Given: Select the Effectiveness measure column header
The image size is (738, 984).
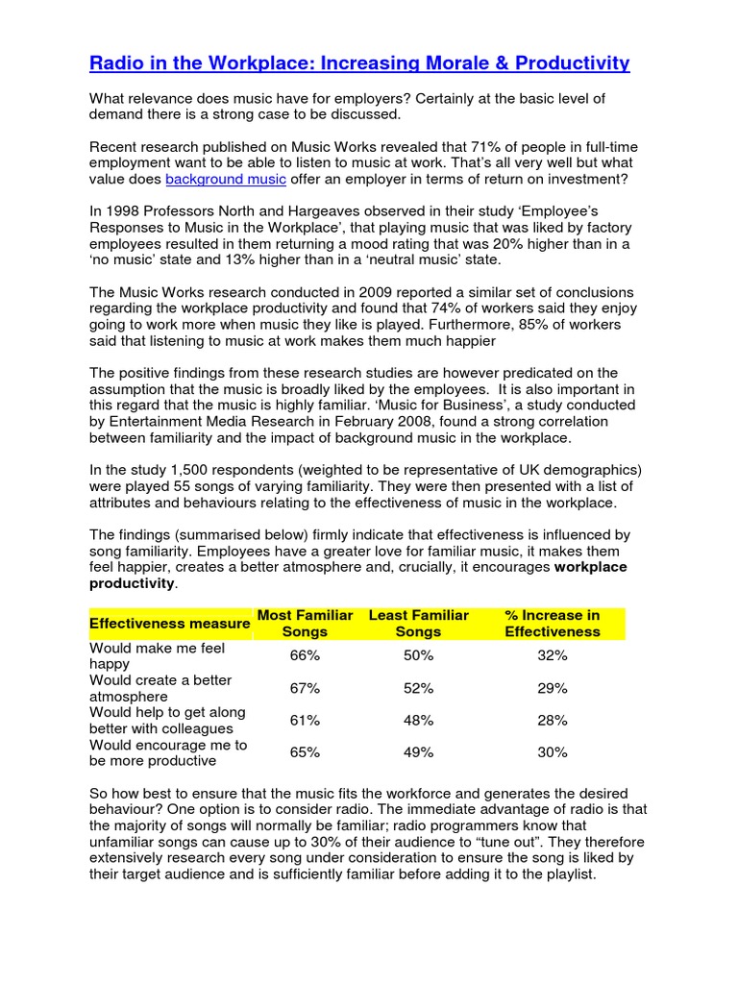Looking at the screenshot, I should [169, 624].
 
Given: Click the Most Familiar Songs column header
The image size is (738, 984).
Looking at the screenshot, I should [305, 623].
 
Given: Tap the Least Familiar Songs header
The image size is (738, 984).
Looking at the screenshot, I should [418, 623].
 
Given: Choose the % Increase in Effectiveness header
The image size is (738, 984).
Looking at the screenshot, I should [552, 623].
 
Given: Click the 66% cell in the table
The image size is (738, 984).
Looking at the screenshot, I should [305, 655].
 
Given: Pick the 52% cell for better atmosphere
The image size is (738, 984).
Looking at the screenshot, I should [418, 688].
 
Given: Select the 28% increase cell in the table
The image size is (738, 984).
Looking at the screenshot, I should [553, 721].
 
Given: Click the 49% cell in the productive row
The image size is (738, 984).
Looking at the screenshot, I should [418, 752].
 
